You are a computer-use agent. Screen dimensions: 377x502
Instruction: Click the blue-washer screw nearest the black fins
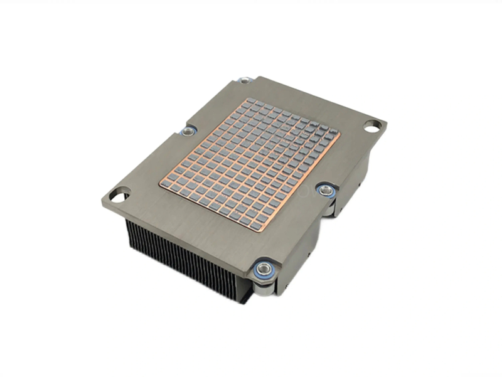pyautogui.click(x=262, y=270)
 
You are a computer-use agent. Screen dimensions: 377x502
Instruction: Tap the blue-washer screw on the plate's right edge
pyautogui.click(x=326, y=189)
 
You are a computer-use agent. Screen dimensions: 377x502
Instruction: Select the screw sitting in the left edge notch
pyautogui.click(x=188, y=131)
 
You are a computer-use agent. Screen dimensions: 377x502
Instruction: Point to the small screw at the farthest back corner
pyautogui.click(x=245, y=80)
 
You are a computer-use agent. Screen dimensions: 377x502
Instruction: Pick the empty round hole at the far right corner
pyautogui.click(x=371, y=126)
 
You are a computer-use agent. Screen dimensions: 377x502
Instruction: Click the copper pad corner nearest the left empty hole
pyautogui.click(x=161, y=183)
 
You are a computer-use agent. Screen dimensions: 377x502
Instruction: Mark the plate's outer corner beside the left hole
pyautogui.click(x=102, y=200)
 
